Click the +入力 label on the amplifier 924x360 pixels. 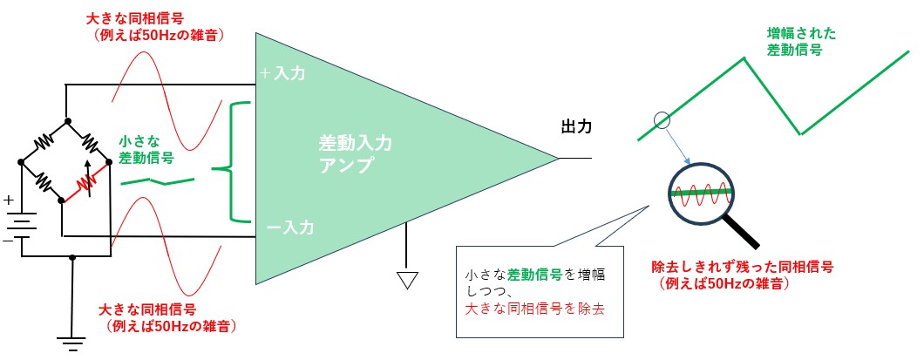tap(282, 75)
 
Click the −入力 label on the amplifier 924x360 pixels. tap(282, 227)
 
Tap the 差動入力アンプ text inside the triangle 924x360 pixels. tap(349, 156)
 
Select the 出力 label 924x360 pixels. tap(576, 127)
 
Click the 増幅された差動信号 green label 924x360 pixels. tap(801, 42)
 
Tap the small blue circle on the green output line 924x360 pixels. tap(662, 119)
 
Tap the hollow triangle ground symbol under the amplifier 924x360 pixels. tap(406, 280)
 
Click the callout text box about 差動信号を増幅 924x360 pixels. tap(540, 291)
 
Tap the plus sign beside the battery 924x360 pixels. tap(9, 200)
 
